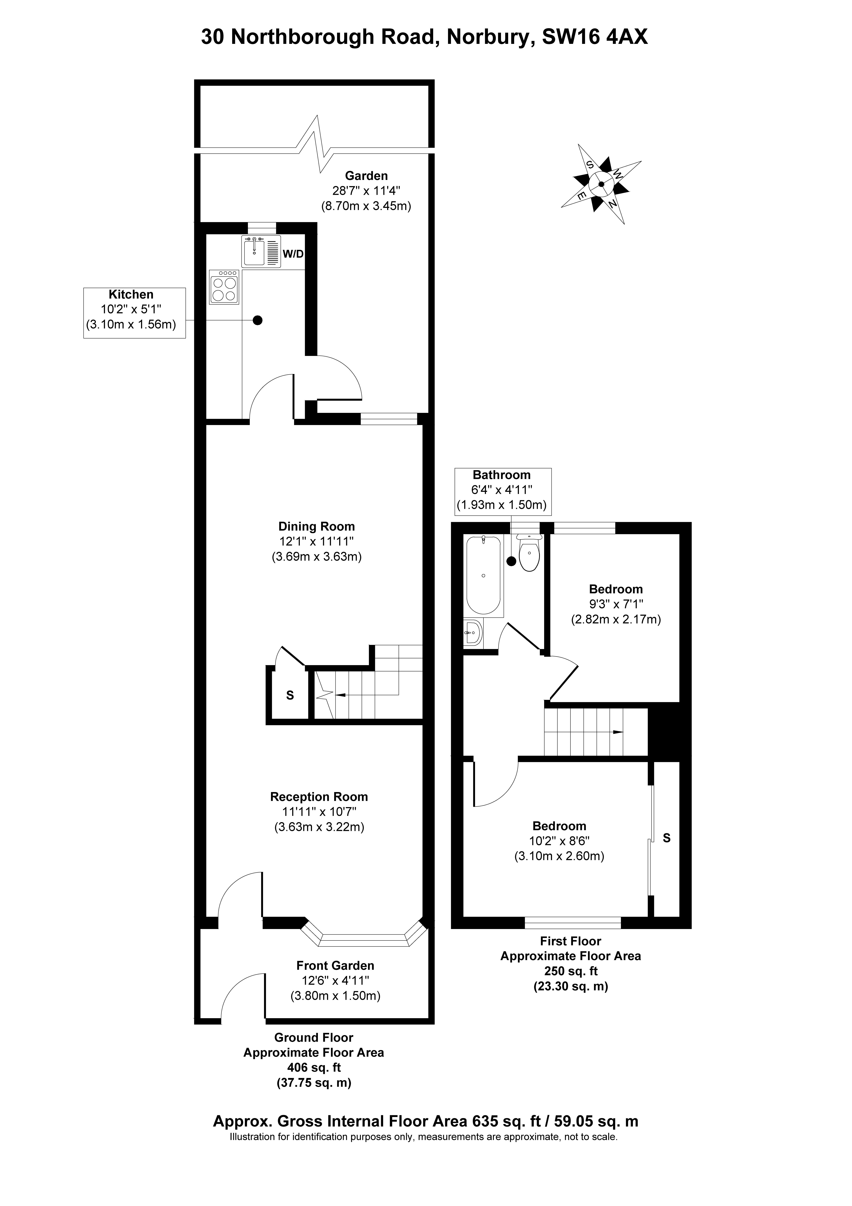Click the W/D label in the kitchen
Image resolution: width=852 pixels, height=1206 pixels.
coord(293,254)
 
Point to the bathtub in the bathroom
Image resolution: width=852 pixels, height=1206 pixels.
coord(483,575)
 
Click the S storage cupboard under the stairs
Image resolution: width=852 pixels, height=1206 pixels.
coord(289,695)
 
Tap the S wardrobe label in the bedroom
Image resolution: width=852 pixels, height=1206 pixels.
coord(667,838)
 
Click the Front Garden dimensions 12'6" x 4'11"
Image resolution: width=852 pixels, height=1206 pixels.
coord(335,980)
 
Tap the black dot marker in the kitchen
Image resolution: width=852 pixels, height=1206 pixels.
coord(257,320)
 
